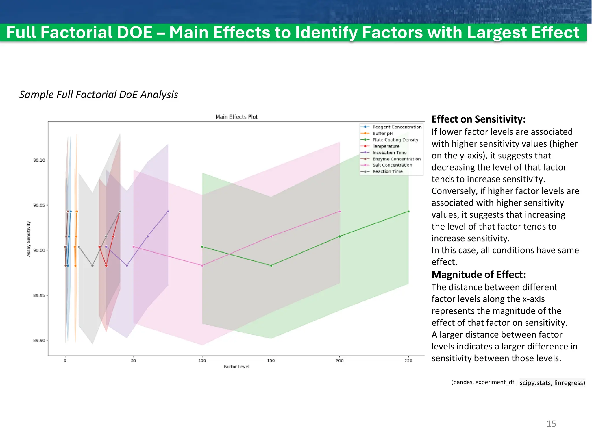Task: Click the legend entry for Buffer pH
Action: (x=382, y=133)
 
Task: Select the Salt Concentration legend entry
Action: (x=392, y=165)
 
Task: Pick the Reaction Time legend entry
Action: (x=387, y=171)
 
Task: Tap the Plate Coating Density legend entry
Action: (x=395, y=140)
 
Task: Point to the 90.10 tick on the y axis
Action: (x=39, y=160)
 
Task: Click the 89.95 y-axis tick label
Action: (x=39, y=295)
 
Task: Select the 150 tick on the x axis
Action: (x=271, y=360)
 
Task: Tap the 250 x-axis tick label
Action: (x=408, y=360)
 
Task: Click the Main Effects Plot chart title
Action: (x=236, y=117)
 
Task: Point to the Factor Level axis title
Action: (x=236, y=367)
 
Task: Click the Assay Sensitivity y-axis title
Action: (x=29, y=239)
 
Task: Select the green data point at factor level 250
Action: (x=408, y=212)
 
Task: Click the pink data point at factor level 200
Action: (x=340, y=212)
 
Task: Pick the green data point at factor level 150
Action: (x=271, y=266)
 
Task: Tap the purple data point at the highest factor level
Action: (x=168, y=212)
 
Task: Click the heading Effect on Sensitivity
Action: (x=478, y=119)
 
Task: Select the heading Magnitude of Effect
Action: (x=478, y=274)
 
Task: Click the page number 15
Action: (x=551, y=424)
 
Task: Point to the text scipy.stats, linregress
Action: (x=552, y=382)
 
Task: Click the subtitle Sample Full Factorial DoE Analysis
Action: (x=99, y=95)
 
